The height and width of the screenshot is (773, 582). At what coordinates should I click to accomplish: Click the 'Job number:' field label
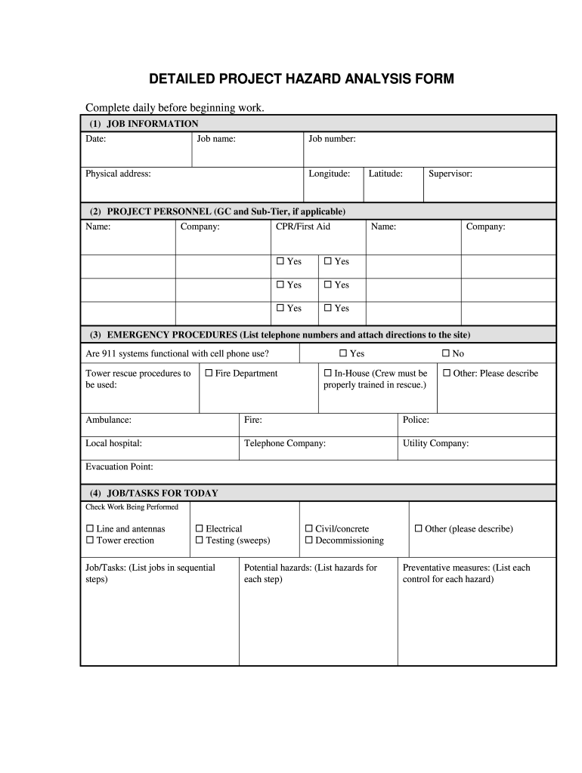[x=332, y=139]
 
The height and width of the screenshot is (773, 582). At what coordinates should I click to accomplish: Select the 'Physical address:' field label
[x=118, y=174]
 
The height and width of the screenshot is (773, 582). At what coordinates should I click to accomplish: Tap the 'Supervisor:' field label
[x=450, y=174]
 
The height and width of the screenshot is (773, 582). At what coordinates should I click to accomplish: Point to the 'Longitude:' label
[x=330, y=174]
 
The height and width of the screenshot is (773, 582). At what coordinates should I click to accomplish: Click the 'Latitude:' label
[x=385, y=174]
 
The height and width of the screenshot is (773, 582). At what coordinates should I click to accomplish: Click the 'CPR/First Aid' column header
[x=303, y=226]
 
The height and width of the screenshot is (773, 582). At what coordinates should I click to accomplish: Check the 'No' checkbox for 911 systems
[x=446, y=353]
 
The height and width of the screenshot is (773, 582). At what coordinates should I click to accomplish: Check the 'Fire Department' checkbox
[x=209, y=373]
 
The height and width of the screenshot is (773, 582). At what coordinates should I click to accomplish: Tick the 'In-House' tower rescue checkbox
[x=328, y=373]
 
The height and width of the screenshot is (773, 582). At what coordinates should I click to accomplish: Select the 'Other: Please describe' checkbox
[x=447, y=373]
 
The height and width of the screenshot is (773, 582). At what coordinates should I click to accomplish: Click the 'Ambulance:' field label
[x=108, y=420]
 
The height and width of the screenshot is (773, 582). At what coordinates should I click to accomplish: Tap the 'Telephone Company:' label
[x=285, y=443]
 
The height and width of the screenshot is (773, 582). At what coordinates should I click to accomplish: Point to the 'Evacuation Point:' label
[x=119, y=467]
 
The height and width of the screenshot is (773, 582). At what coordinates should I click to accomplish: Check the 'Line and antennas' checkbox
[x=90, y=529]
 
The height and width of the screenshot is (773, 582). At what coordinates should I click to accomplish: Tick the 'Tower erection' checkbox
[x=90, y=540]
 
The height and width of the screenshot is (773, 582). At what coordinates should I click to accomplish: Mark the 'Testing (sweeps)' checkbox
[x=200, y=540]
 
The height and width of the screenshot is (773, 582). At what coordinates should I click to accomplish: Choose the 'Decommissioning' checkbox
[x=309, y=540]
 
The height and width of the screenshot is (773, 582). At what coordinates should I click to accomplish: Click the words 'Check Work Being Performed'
[x=132, y=507]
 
